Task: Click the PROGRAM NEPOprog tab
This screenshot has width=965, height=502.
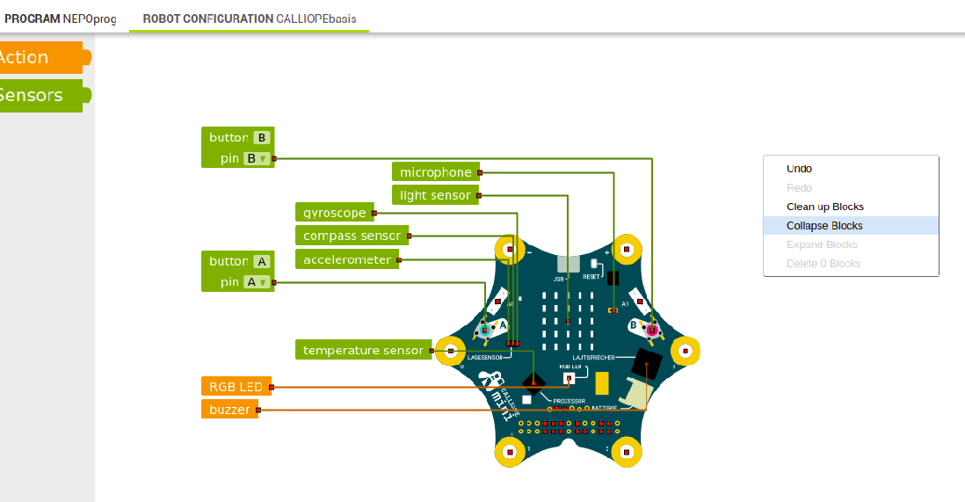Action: (x=60, y=18)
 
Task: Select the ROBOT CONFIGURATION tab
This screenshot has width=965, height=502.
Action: (x=249, y=18)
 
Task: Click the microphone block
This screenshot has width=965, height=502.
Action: (x=435, y=172)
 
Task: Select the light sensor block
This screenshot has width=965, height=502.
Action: (x=435, y=195)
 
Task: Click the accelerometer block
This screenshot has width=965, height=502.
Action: (x=346, y=259)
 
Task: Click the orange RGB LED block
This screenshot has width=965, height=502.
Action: (x=236, y=386)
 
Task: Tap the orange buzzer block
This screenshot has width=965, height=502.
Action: (x=229, y=410)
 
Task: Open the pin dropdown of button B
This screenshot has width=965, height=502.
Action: (x=256, y=159)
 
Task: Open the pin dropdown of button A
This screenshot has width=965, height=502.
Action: (x=256, y=282)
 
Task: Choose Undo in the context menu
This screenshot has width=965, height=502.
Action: (x=799, y=169)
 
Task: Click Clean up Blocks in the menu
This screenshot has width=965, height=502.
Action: (x=824, y=207)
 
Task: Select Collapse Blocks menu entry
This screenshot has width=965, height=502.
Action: (x=824, y=226)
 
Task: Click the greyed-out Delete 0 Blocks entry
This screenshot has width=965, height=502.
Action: (x=824, y=264)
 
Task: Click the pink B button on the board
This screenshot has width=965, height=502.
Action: (x=651, y=330)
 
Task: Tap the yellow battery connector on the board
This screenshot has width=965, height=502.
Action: (x=602, y=383)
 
